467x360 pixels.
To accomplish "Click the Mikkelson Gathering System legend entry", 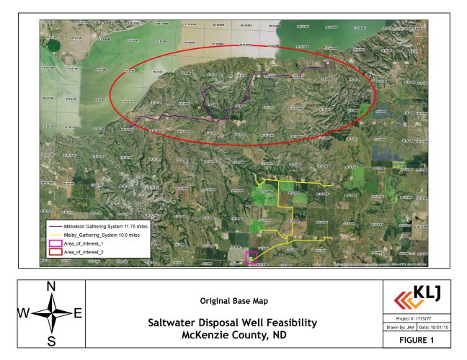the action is [97, 226].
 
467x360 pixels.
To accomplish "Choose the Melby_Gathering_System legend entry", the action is [93, 235].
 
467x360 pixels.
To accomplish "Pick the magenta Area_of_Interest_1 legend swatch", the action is [53, 243].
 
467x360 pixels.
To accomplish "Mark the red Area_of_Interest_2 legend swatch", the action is [53, 253].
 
